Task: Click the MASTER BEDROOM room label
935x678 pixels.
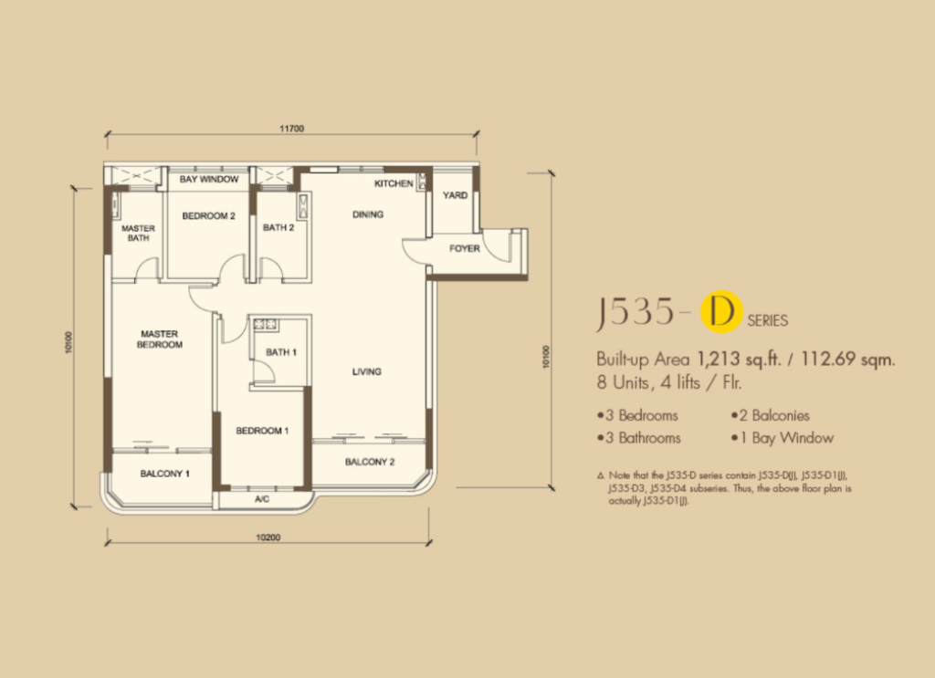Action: [x=159, y=339]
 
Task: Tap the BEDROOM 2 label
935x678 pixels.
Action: [x=209, y=215]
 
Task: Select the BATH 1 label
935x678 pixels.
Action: [x=281, y=352]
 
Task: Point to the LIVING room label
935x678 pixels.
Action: [x=367, y=371]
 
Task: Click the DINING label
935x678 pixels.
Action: [x=368, y=214]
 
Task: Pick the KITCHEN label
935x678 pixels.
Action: [x=394, y=183]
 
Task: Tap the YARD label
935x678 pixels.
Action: [x=455, y=195]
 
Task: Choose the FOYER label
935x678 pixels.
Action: [x=465, y=248]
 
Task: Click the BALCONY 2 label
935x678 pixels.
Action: [x=370, y=462]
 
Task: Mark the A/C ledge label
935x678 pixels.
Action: [x=262, y=499]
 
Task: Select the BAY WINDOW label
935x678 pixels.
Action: [x=209, y=179]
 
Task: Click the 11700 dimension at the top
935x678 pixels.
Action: [x=291, y=128]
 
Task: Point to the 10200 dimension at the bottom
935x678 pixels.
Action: [x=268, y=537]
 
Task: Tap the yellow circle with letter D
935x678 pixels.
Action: [x=721, y=311]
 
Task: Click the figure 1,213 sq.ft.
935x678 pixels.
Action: [x=739, y=359]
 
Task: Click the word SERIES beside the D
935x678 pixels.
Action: [x=767, y=320]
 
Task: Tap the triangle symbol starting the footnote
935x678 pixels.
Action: [x=601, y=476]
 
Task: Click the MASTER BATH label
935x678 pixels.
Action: [x=139, y=233]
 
